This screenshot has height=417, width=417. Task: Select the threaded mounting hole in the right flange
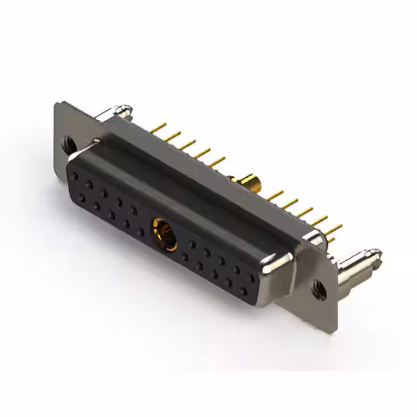[x=317, y=287]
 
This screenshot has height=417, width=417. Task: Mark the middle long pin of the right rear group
[x=306, y=212]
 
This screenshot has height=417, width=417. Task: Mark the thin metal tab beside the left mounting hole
[x=96, y=139]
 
